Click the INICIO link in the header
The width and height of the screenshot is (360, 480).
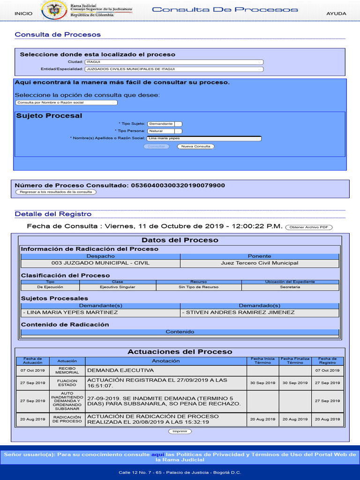[23, 14]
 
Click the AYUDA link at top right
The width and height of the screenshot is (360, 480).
[336, 14]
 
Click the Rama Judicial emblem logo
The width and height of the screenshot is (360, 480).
[54, 10]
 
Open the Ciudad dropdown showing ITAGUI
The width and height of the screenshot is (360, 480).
[174, 62]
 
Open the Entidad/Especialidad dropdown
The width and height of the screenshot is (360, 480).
[174, 69]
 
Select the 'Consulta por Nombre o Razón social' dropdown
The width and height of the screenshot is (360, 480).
[66, 102]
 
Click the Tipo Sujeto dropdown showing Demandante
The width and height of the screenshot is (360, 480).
[165, 124]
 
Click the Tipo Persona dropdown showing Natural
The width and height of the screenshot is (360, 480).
[165, 131]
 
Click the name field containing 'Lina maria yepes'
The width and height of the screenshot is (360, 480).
[204, 138]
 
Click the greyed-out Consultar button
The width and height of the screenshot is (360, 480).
[157, 146]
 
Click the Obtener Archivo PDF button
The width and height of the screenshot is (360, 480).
[308, 227]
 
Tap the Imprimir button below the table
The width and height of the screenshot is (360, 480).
[180, 431]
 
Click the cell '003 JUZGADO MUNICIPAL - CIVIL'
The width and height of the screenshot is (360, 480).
[100, 263]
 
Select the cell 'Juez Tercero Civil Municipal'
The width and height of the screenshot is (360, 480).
[259, 263]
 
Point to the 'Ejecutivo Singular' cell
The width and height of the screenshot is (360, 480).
[118, 287]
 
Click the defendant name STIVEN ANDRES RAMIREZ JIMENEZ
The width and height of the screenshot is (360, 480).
[240, 313]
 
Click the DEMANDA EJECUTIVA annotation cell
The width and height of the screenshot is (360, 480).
[165, 370]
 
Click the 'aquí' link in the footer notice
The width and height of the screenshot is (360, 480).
[157, 455]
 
